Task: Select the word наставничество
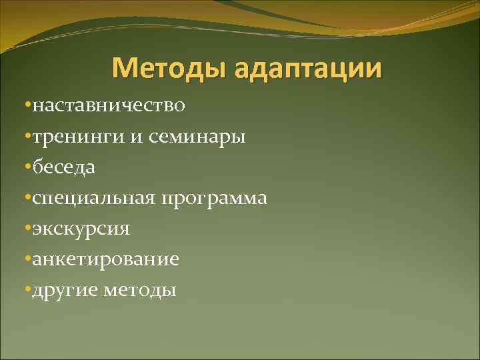(x=110, y=105)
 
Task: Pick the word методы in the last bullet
(x=141, y=291)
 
